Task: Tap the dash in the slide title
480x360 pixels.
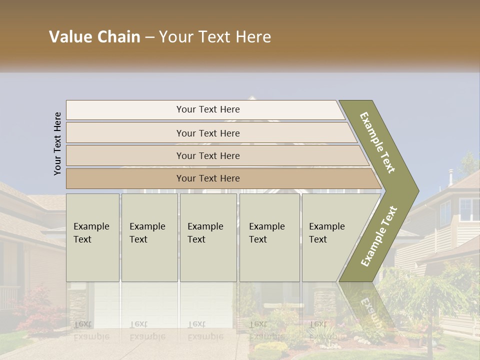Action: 149,37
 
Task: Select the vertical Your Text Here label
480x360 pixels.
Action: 57,143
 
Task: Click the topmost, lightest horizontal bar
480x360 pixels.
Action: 207,109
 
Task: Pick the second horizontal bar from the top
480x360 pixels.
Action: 207,133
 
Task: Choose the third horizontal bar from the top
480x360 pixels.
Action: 207,155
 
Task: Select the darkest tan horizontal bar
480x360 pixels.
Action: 207,178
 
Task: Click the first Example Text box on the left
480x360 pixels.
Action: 92,237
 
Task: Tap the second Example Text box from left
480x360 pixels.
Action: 149,237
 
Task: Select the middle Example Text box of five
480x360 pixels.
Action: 208,237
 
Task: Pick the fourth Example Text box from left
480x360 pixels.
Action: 269,237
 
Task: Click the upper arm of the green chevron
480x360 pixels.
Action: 377,142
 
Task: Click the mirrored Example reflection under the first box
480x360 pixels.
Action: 91,336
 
